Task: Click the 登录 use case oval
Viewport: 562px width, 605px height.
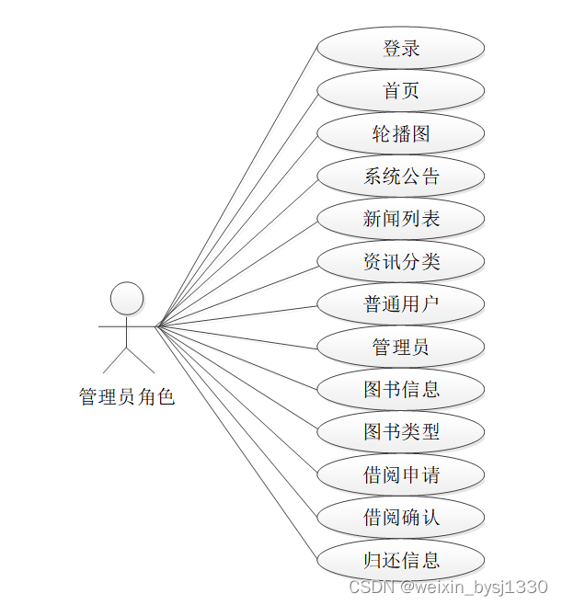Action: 401,48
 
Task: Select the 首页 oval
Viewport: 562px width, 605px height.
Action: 401,91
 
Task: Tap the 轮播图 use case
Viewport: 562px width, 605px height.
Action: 401,133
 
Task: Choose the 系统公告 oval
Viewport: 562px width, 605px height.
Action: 401,177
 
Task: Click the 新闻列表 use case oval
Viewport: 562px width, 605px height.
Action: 401,219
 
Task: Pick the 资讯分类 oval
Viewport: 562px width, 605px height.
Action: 401,262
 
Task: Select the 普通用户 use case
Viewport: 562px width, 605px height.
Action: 401,304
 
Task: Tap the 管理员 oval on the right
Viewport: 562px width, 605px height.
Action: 401,348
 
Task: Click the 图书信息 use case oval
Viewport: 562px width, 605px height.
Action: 401,390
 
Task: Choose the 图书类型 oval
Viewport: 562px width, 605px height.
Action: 401,432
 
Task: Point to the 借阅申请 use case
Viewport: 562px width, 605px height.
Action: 401,475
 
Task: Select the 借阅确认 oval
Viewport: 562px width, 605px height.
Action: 401,518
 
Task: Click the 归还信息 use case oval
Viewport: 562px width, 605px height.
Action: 401,560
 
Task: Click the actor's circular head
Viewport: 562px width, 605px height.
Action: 127,299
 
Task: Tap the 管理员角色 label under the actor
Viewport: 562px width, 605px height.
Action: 127,397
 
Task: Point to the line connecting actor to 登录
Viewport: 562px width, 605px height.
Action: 237,187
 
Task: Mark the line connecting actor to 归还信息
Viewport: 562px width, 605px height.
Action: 237,442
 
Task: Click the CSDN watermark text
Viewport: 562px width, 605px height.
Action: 448,587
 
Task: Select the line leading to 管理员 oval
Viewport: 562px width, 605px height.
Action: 237,337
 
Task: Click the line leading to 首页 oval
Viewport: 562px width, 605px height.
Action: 237,208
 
